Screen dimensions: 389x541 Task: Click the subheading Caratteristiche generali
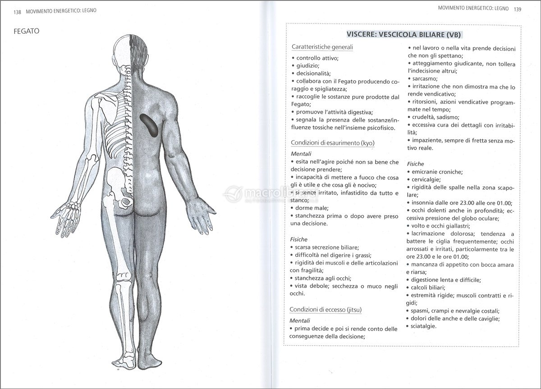click(x=322, y=47)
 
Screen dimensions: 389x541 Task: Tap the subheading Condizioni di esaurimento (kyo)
click(x=333, y=143)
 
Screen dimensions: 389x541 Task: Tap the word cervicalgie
click(x=427, y=179)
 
